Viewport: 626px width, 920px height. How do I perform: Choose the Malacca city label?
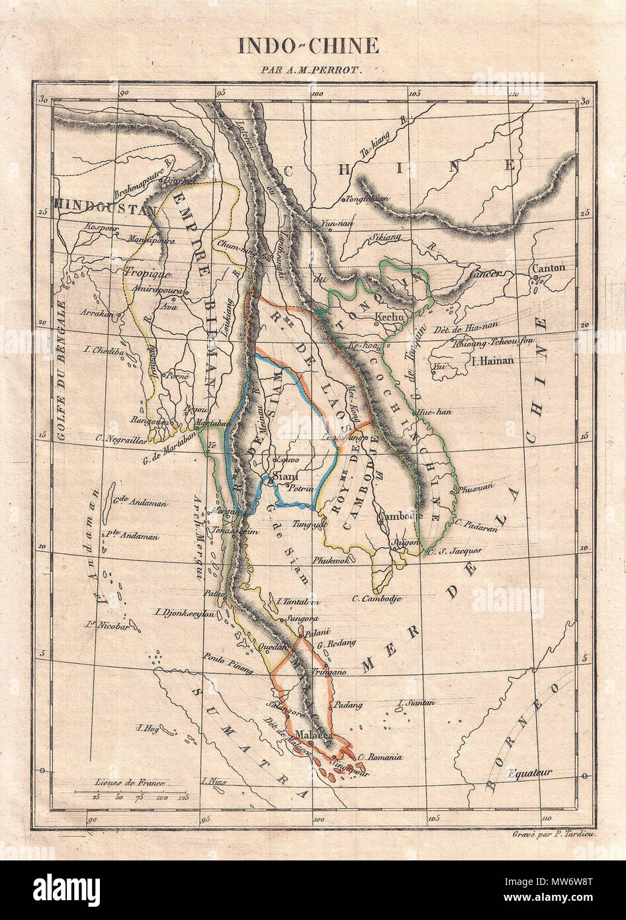[312, 734]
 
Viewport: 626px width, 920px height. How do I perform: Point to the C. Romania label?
[379, 757]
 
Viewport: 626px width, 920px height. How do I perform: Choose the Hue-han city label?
[435, 412]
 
